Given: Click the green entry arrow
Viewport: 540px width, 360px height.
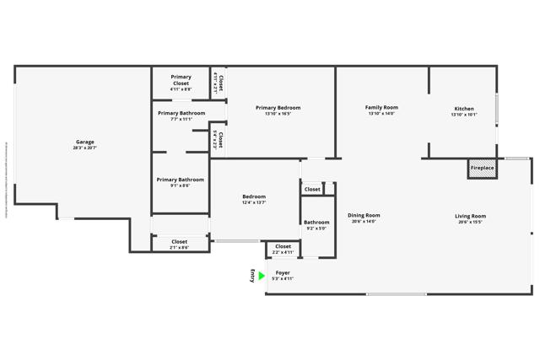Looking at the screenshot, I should click(262, 276).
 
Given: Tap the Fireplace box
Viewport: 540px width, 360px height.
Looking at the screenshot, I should click(482, 168).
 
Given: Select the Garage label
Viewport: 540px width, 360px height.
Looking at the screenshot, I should click(84, 142).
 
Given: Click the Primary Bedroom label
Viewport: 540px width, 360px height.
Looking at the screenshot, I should click(278, 108).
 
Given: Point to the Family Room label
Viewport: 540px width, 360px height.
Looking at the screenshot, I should click(381, 107).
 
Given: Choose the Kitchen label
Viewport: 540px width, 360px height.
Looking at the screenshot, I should click(464, 109).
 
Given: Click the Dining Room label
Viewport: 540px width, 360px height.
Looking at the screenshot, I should click(364, 215).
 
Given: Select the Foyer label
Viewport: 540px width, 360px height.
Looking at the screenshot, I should click(283, 273).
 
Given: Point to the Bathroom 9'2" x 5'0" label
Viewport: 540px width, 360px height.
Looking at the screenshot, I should click(316, 223).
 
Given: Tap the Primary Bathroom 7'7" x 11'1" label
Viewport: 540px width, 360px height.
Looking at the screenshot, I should click(181, 113).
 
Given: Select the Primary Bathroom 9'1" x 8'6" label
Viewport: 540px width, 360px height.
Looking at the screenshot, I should click(180, 180).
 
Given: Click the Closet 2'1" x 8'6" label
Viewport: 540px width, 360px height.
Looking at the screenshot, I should click(180, 242).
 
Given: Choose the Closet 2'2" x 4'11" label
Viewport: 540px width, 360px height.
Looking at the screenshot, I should click(283, 247).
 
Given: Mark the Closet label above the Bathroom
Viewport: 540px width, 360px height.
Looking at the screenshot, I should click(312, 189).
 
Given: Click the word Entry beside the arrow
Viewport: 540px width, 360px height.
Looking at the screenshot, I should click(251, 276).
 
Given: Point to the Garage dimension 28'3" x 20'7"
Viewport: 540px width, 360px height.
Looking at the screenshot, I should click(84, 148).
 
